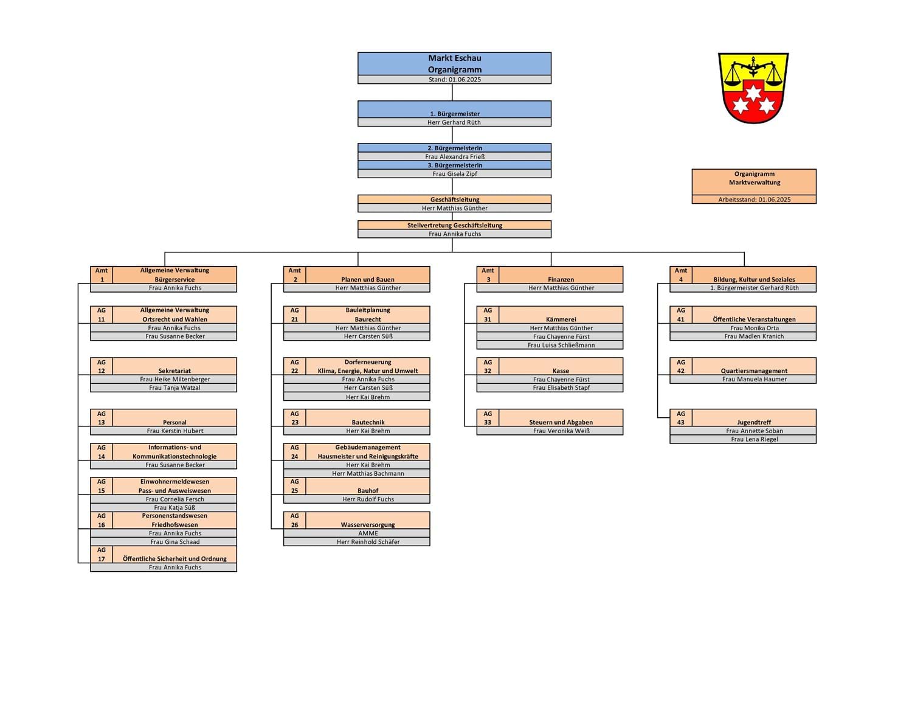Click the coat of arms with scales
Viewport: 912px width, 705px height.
click(753, 88)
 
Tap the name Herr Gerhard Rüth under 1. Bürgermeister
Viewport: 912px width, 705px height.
click(454, 122)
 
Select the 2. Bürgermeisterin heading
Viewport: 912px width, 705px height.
click(455, 148)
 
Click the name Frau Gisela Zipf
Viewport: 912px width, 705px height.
click(455, 173)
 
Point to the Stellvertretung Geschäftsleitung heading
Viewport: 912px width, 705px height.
click(455, 225)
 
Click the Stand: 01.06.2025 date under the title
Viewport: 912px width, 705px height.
click(455, 79)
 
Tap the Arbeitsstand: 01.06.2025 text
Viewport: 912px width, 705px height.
click(754, 200)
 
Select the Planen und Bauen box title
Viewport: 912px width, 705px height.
click(368, 279)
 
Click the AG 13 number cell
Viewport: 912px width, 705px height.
click(101, 418)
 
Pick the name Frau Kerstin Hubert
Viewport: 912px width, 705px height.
click(174, 431)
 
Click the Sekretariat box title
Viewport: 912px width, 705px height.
click(174, 371)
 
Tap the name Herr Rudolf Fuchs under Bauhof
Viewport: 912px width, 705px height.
click(368, 499)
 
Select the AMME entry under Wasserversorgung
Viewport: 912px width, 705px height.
click(368, 533)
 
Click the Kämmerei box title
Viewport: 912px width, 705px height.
click(561, 319)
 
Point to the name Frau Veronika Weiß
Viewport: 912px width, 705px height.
click(561, 431)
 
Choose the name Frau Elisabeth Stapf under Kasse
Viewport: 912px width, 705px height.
click(561, 387)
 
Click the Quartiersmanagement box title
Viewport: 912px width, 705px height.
click(754, 371)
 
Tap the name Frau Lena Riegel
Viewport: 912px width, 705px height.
click(754, 439)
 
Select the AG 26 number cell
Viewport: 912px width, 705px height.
click(295, 520)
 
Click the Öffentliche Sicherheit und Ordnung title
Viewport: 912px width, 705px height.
click(174, 558)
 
